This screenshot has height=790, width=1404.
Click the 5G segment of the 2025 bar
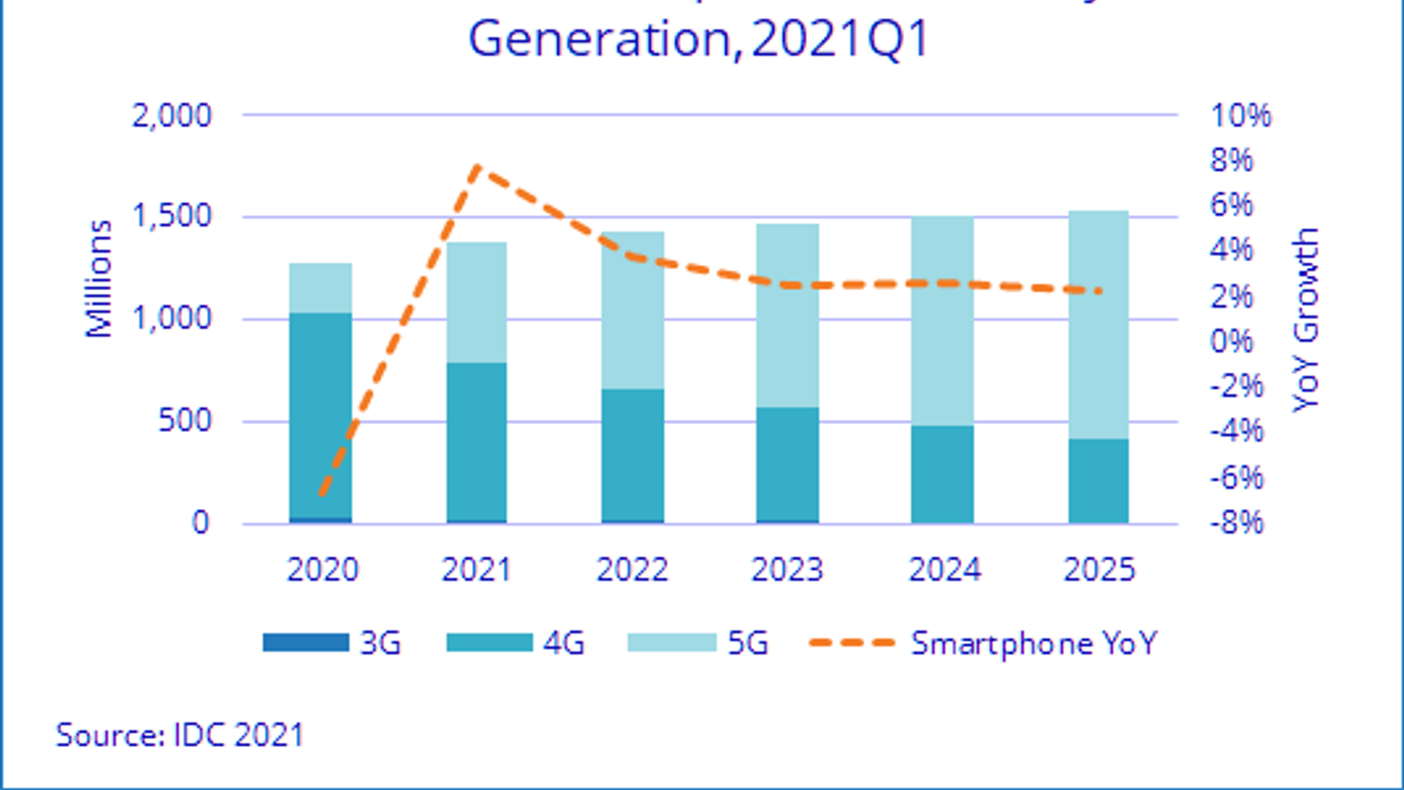[x=1098, y=325]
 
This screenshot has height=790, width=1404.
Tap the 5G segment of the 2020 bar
[x=320, y=288]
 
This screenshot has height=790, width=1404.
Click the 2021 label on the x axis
[x=476, y=570]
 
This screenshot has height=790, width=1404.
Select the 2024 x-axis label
[x=943, y=570]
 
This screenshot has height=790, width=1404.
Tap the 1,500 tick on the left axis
[x=172, y=216]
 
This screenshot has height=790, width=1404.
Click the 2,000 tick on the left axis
[x=172, y=115]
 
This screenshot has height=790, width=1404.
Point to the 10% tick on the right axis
[x=1241, y=115]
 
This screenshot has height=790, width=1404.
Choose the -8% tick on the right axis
[x=1237, y=523]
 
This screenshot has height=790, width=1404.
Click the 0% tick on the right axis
[x=1232, y=341]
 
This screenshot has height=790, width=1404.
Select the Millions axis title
[x=99, y=278]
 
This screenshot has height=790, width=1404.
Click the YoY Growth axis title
[x=1306, y=320]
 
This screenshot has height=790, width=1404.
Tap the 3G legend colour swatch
[x=305, y=643]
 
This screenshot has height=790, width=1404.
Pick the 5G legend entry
[x=748, y=643]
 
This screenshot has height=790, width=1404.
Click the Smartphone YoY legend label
[x=1034, y=643]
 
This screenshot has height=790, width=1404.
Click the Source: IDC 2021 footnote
[x=180, y=735]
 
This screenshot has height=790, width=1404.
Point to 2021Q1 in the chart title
[x=840, y=39]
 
